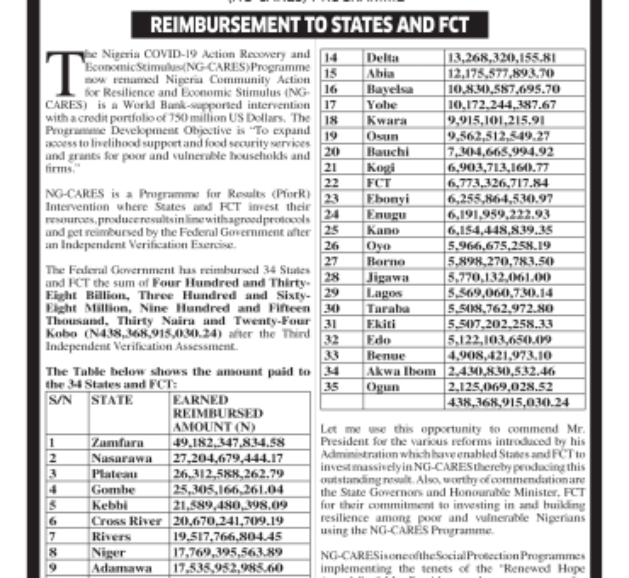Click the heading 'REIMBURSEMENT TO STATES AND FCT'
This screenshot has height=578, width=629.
coord(310,25)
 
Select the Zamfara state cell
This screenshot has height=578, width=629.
coord(117,443)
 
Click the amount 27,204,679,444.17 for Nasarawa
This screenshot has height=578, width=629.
coord(228,458)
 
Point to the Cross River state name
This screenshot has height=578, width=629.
coord(126,521)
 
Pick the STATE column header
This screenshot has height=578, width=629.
coord(112,400)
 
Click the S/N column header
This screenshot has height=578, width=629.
coord(60,400)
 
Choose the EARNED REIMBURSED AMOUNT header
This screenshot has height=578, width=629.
coord(218,413)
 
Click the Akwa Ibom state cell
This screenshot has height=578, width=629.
coord(401,371)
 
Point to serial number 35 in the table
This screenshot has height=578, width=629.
coord(331,387)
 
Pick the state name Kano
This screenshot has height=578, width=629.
coord(383,230)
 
